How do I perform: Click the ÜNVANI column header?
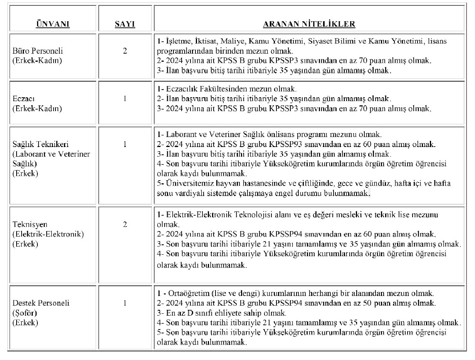52,24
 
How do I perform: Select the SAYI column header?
125,24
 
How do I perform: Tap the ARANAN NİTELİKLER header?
309,24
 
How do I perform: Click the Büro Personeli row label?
38,51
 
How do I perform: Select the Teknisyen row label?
28,224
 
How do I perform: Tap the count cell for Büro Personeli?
125,51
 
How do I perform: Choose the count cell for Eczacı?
125,99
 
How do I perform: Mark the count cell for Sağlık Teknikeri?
125,145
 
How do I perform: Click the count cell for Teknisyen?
125,224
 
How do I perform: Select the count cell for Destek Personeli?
125,303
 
